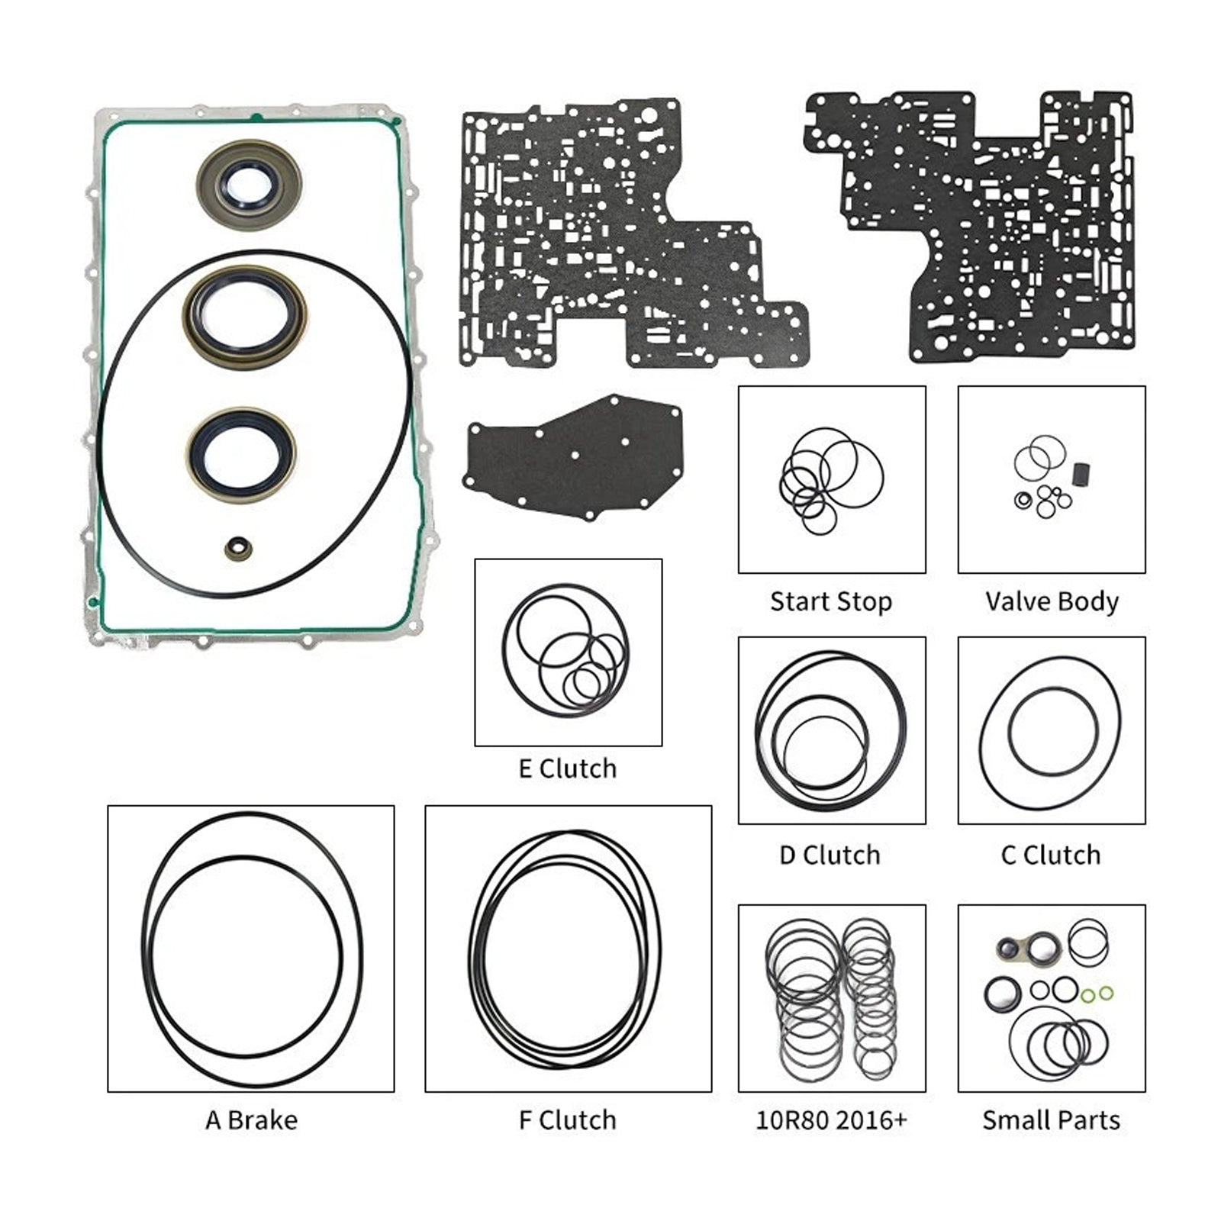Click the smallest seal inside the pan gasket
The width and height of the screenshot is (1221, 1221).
pos(239,548)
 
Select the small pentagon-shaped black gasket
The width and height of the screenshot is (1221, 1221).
pos(575,457)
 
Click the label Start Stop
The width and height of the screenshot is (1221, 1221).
pos(831,601)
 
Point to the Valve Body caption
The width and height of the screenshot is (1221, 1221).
pos(1052,601)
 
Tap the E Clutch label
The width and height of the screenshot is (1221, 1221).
pos(568,768)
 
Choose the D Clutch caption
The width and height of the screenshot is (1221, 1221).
pos(830,855)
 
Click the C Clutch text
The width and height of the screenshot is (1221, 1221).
pos(1051,855)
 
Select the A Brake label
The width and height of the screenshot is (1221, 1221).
pos(251,1120)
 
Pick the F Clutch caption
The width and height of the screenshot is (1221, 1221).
pos(568,1120)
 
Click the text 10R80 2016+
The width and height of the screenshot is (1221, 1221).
pos(831,1120)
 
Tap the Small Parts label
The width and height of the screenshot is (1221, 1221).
pos(1051,1120)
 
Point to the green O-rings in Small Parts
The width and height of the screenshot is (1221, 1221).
pos(1097,994)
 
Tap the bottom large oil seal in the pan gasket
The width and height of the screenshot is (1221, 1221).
pos(241,455)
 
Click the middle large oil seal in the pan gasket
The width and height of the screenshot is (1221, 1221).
pos(244,316)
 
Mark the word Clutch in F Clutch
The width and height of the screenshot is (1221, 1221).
pos(578,1120)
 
